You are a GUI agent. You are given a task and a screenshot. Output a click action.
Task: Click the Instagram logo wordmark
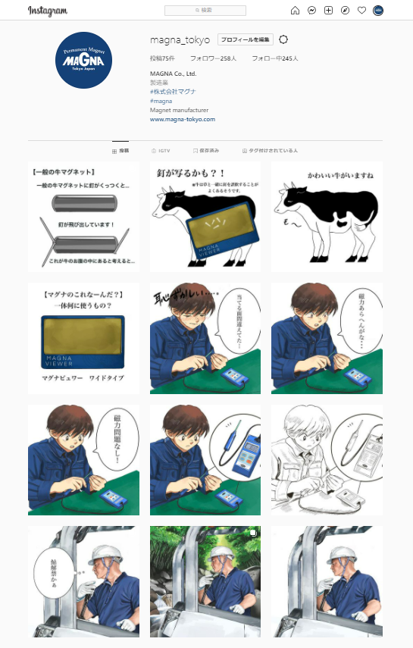[x=48, y=11]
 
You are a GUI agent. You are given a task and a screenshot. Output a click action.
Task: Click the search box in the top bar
[x=205, y=11]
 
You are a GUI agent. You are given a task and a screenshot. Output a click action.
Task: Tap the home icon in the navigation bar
[x=296, y=11]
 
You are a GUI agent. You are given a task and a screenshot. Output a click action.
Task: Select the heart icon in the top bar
[x=361, y=11]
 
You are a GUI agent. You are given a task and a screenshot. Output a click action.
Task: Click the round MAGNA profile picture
[x=84, y=60]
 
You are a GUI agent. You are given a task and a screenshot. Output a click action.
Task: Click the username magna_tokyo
[x=180, y=39]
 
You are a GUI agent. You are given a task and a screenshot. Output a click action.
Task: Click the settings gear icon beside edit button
[x=283, y=39]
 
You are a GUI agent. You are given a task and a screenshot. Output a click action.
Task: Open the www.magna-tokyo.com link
[x=183, y=119]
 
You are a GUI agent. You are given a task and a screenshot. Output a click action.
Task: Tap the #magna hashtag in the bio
[x=161, y=101]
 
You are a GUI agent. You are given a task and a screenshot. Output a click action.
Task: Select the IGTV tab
[x=161, y=151]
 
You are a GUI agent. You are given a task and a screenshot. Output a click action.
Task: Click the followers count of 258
[x=213, y=58]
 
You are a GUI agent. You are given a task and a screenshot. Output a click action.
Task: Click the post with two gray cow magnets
[x=84, y=217]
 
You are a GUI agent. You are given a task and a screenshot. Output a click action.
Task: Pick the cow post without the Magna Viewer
[x=327, y=217]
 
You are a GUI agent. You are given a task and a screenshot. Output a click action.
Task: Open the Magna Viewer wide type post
[x=84, y=338]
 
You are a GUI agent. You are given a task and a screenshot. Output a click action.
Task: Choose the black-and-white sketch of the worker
[x=327, y=460]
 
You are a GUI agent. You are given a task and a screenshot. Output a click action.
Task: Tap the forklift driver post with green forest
[x=205, y=581]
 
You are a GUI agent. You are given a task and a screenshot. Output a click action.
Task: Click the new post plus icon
[x=328, y=11]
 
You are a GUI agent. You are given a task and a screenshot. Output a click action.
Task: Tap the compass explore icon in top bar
[x=345, y=11]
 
